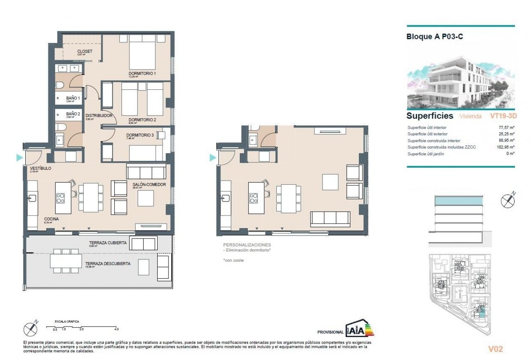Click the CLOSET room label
[84, 51]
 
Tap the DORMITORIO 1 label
[142, 74]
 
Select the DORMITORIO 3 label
[140, 135]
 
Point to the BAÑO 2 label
[73, 114]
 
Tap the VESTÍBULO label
[40, 169]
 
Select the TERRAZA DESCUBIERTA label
[107, 264]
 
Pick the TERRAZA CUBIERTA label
[108, 243]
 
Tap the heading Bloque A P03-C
[435, 37]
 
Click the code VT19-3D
[502, 116]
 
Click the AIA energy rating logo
[359, 329]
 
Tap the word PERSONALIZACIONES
[247, 245]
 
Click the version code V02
[495, 349]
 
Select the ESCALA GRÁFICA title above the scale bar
[67, 321]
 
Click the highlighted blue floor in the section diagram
[458, 200]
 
